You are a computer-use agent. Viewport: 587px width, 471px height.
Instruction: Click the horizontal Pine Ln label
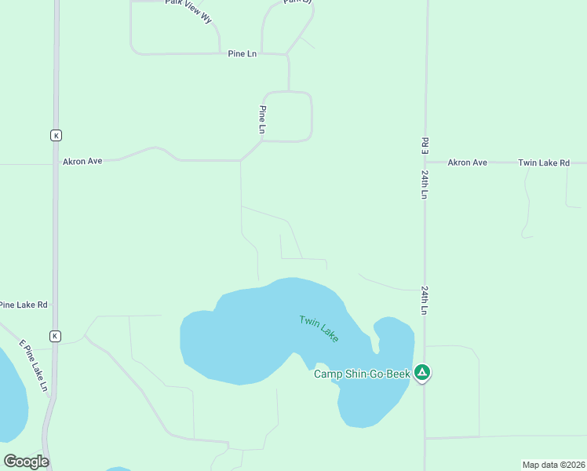pos(242,53)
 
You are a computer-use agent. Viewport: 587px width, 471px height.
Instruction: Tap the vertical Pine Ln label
pos(263,119)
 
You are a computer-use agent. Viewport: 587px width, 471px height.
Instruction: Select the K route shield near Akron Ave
pos(56,135)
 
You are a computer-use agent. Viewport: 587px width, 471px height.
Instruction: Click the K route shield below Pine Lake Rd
pos(55,336)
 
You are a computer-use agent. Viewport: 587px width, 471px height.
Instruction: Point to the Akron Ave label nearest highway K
pos(82,161)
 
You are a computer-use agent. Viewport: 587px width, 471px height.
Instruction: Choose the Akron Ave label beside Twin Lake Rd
pos(467,162)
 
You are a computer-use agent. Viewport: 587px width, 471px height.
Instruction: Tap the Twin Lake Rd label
pos(543,162)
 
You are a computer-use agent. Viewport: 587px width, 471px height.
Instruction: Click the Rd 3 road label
pos(425,145)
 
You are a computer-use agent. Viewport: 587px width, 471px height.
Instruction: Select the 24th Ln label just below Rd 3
pos(425,186)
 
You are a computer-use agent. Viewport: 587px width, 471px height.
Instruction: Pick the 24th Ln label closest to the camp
pos(425,300)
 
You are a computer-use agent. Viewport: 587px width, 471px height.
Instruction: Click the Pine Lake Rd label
pos(24,305)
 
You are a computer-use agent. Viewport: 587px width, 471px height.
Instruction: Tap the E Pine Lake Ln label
pos(34,366)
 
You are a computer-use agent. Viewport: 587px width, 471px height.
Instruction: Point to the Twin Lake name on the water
pos(319,328)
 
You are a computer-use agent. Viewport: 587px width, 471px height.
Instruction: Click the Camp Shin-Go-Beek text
pos(362,374)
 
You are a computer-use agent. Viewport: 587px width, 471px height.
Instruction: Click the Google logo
pos(26,461)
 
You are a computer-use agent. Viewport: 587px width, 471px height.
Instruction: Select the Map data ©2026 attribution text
pos(553,465)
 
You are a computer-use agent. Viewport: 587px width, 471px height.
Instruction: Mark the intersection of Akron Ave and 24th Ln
pos(425,162)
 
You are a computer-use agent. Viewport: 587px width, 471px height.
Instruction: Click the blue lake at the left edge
pos(12,396)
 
